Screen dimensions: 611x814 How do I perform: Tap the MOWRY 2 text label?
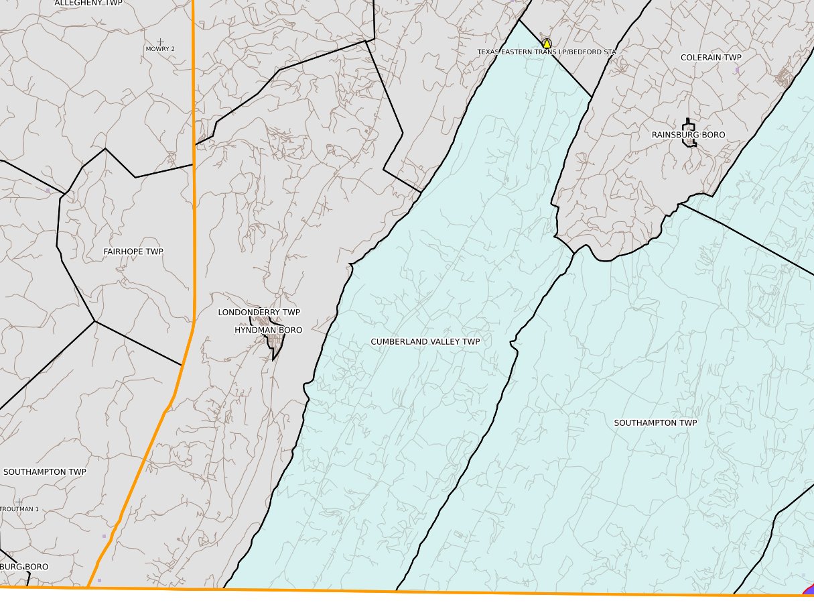160,49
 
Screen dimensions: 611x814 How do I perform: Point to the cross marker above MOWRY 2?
160,42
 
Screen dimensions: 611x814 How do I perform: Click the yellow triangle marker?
547,43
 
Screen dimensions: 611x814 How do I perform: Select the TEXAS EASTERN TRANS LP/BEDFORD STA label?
546,52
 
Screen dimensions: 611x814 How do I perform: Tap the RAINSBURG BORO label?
688,135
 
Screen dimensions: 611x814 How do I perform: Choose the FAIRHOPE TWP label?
133,252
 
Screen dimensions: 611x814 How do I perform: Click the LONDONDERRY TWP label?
259,313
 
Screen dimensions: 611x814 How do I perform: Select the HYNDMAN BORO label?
268,331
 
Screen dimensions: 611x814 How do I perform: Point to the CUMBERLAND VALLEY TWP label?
425,342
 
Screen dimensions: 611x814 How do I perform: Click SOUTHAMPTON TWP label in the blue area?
656,423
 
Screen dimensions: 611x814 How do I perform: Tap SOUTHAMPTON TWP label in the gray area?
45,472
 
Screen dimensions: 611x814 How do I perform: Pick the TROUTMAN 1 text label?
19,509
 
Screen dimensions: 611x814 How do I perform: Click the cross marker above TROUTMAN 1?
19,502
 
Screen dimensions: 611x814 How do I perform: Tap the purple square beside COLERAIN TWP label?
737,69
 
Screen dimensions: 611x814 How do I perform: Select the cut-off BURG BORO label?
24,567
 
